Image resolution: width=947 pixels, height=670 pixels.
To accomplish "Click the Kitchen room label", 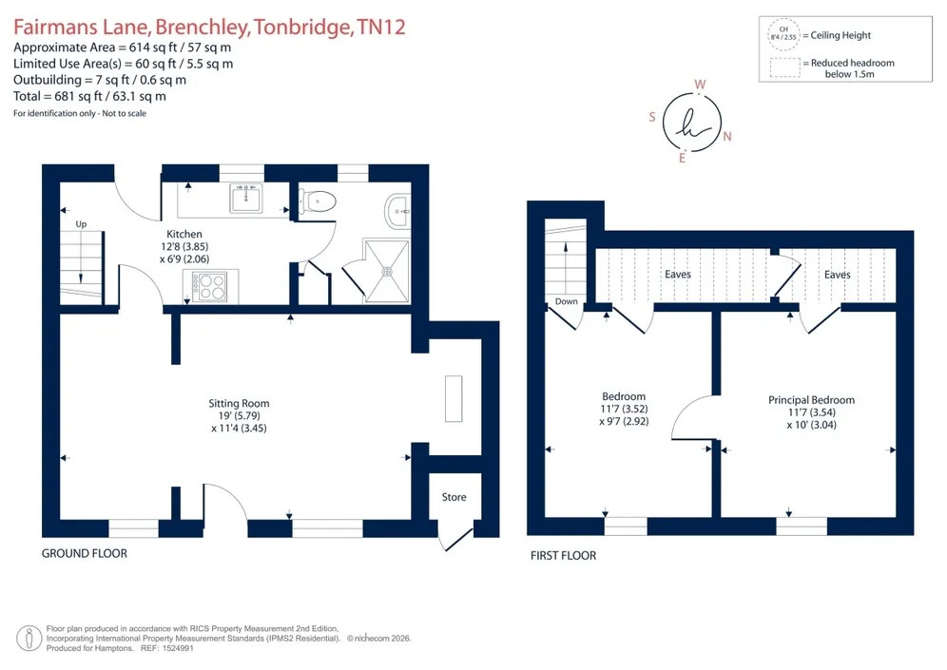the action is pyautogui.click(x=184, y=234).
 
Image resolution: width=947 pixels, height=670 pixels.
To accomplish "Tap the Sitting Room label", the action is pyautogui.click(x=240, y=403).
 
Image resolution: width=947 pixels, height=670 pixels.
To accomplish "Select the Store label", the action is pyautogui.click(x=454, y=497).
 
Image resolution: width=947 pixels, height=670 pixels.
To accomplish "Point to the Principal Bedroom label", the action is pyautogui.click(x=811, y=399).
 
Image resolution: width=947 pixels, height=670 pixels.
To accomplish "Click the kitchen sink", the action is pyautogui.click(x=246, y=199).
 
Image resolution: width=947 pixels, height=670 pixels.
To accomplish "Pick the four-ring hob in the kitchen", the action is pyautogui.click(x=210, y=287).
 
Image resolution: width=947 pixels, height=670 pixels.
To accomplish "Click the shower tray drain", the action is pyautogui.click(x=387, y=272).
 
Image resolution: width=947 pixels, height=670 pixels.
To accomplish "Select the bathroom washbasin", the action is pyautogui.click(x=397, y=211).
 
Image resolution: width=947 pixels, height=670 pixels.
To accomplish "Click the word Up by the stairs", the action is pyautogui.click(x=81, y=224).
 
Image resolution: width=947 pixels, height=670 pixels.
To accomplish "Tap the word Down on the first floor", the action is pyautogui.click(x=567, y=301).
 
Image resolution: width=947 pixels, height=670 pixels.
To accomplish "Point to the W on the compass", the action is pyautogui.click(x=700, y=85).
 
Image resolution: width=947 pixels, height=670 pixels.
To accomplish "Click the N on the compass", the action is pyautogui.click(x=727, y=137).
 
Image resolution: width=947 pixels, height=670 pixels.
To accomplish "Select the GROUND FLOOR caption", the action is pyautogui.click(x=85, y=553).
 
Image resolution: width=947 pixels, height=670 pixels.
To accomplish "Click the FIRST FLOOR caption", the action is pyautogui.click(x=564, y=555).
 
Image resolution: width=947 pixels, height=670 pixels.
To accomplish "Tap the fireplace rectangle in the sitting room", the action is pyautogui.click(x=454, y=398).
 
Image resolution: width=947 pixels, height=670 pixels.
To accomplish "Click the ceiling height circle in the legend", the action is pyautogui.click(x=783, y=34).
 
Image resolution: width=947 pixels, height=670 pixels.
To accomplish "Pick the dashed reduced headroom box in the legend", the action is pyautogui.click(x=785, y=67).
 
